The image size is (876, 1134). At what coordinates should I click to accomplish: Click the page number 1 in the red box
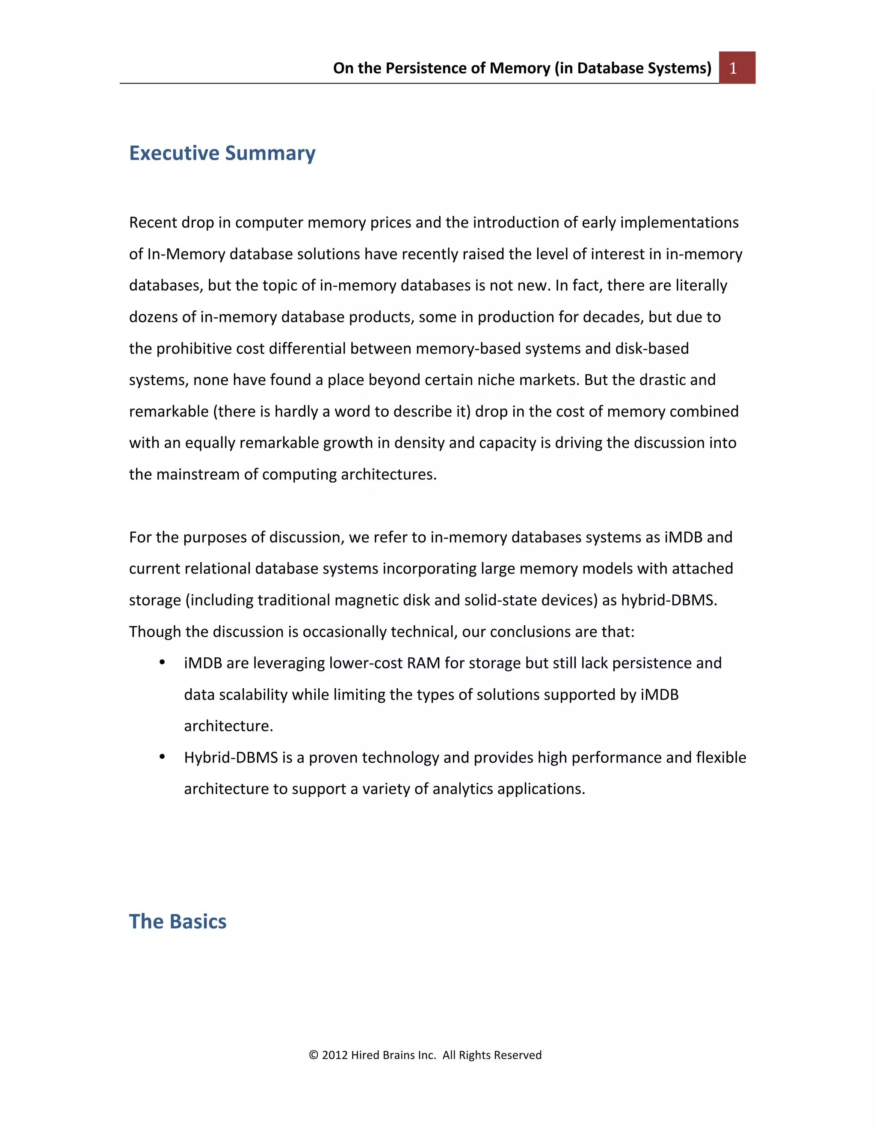click(733, 68)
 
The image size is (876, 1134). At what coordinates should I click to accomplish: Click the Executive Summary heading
click(222, 153)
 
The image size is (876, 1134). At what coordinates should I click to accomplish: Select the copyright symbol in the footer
click(314, 1055)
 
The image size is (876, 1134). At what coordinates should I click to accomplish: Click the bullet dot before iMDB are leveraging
click(162, 662)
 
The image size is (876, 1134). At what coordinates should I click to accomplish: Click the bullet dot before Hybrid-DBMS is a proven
click(162, 757)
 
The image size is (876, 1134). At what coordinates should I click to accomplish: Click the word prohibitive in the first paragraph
click(194, 348)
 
